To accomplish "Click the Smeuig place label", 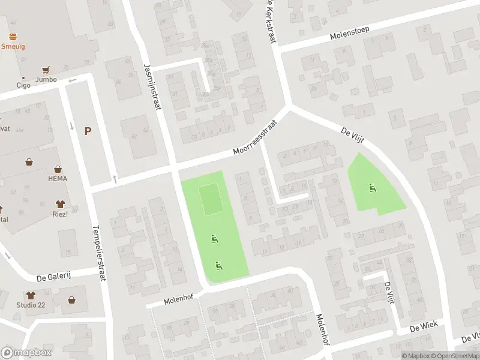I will tap(13, 46).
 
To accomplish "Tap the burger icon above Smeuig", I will tap(13, 37).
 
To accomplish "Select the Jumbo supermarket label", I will tap(46, 79).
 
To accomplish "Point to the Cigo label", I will tap(23, 85).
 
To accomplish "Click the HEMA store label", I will tap(58, 178).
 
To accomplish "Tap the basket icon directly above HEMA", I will tap(58, 169).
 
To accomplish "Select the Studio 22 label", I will tap(31, 305).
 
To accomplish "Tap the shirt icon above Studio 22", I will tap(31, 295).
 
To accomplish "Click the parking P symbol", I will tap(88, 131).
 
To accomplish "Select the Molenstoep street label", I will tap(349, 33).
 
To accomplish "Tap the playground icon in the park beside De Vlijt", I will tap(373, 188).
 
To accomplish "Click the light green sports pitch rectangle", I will tap(211, 200).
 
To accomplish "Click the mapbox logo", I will tap(25, 352).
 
